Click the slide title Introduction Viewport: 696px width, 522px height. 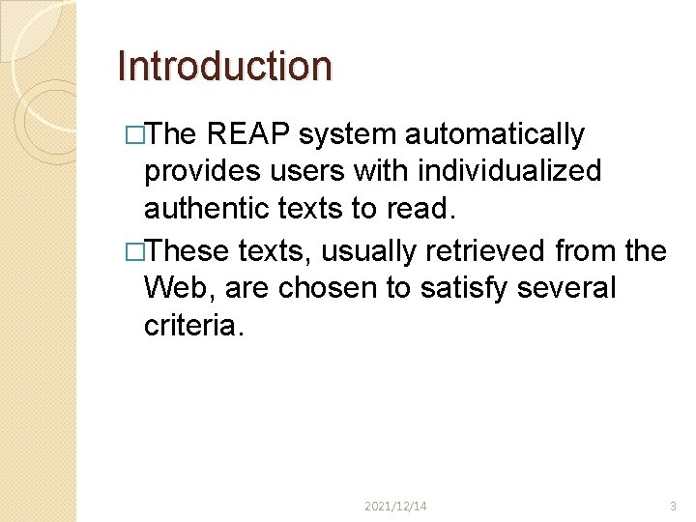[224, 66]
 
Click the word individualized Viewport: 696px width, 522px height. [509, 172]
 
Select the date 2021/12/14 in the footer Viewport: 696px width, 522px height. [396, 506]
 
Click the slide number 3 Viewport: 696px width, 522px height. [674, 506]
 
